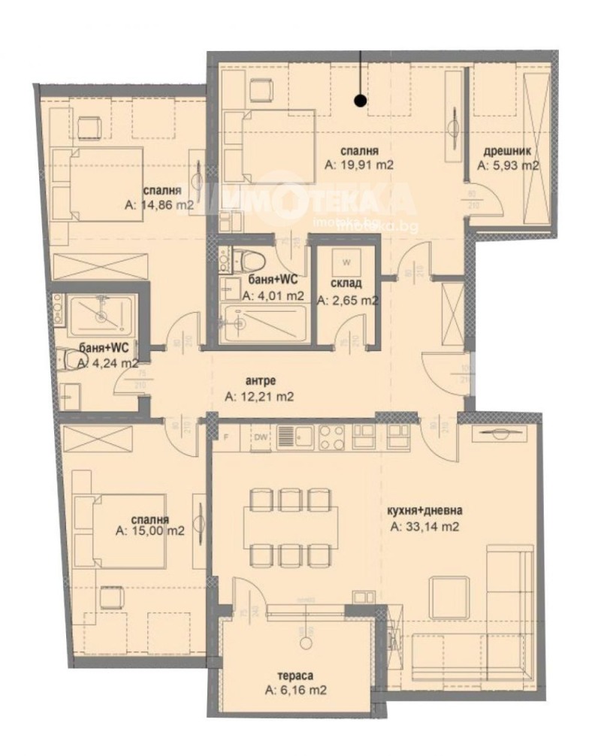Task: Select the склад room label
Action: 346,283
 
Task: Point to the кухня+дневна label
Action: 424,511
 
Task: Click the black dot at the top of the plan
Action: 361,98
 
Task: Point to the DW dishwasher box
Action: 261,437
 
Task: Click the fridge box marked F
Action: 225,437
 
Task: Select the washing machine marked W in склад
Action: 346,262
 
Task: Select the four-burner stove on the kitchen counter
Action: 330,436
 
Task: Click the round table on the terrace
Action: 306,644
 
